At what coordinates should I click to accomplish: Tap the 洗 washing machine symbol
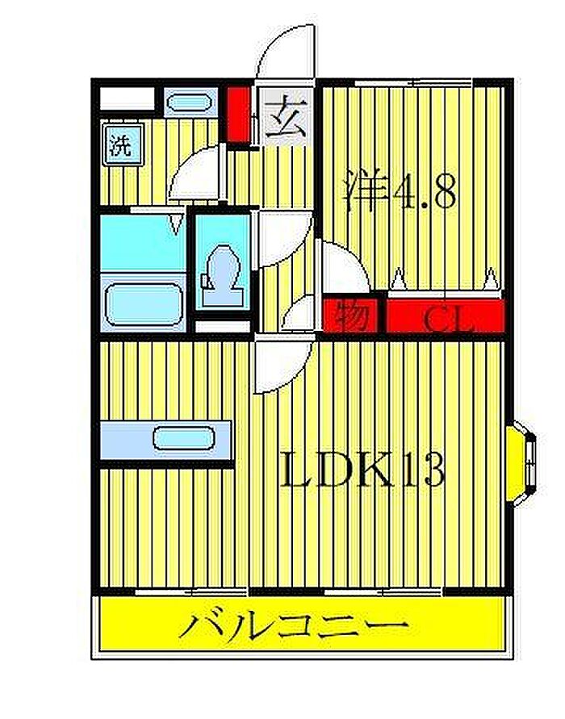123,144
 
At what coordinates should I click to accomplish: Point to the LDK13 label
362,469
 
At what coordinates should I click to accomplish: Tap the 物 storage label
351,316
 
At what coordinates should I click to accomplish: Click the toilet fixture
223,276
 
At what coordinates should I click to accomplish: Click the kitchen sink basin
184,438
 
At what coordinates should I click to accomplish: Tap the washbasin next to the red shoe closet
190,102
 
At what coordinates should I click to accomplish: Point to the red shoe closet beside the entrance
238,114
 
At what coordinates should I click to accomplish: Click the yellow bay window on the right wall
521,464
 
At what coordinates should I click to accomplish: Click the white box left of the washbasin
128,98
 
